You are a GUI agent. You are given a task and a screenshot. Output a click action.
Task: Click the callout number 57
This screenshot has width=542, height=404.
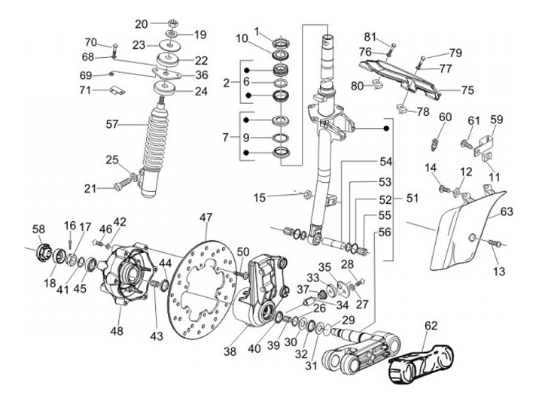pos(112,124)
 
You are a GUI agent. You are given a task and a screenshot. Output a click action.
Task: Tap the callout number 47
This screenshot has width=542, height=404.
pos(206,217)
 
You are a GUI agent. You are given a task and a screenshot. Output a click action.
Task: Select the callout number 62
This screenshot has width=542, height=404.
pos(431,326)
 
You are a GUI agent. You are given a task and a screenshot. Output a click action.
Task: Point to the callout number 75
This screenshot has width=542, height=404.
pos(467,90)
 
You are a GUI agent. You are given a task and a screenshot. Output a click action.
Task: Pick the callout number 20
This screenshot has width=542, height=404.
pos(142,24)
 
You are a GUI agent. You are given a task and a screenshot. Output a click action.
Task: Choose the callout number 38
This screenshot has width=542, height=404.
pos(230,351)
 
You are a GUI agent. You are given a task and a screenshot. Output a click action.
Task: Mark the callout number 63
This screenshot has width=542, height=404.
pos(507,211)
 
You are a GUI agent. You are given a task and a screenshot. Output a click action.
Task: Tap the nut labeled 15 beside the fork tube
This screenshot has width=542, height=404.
pos(308,195)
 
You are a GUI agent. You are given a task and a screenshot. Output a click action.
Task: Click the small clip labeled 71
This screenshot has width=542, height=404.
pos(117,90)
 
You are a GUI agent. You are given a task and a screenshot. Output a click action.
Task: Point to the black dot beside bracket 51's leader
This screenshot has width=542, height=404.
pos(387,129)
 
